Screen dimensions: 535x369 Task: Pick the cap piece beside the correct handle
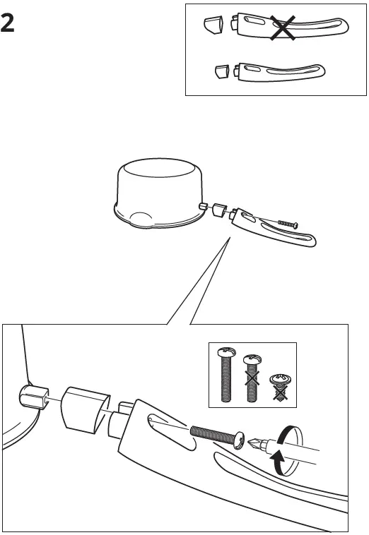pyautogui.click(x=221, y=71)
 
